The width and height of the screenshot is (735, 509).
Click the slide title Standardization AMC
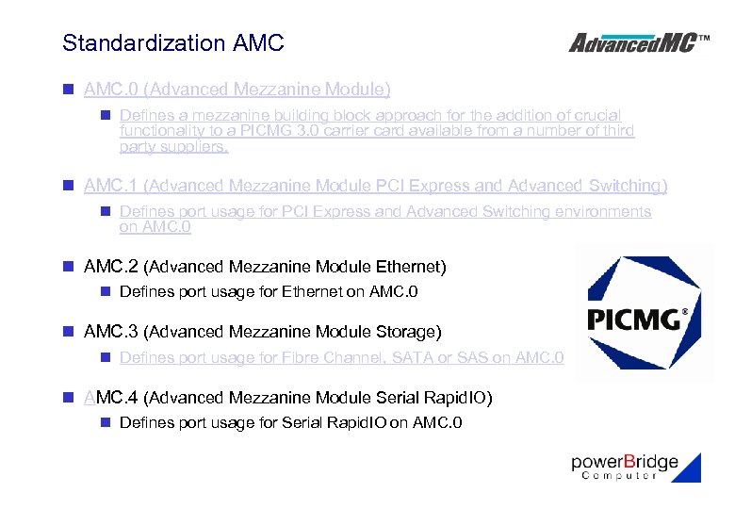[172, 43]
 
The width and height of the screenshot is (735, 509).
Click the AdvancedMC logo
[639, 42]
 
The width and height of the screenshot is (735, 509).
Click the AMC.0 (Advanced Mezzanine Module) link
[237, 90]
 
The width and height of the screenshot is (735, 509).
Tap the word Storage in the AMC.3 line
[405, 332]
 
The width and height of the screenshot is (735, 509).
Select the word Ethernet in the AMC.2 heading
[407, 267]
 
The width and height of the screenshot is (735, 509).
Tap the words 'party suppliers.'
[173, 147]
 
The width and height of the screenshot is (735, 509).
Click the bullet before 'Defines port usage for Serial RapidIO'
[106, 422]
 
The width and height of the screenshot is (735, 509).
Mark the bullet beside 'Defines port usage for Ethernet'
[106, 291]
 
